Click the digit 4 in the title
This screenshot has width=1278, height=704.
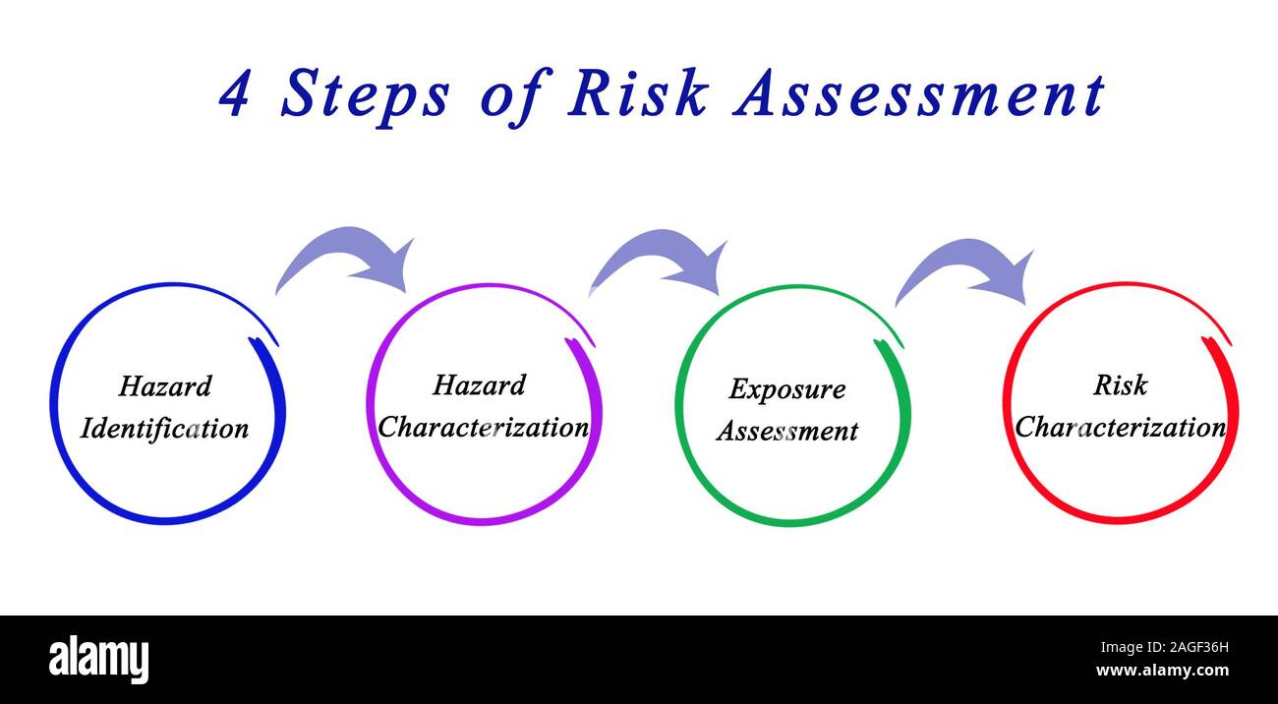coord(234,94)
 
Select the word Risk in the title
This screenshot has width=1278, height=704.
coord(638,92)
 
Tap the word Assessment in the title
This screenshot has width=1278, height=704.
coord(919,94)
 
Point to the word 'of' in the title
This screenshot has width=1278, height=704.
coord(516,98)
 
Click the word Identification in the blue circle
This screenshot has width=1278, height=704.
coord(164,429)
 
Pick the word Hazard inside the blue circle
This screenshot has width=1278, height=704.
coord(165,385)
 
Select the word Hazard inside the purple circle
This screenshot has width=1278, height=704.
coord(480,384)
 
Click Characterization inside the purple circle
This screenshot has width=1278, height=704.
coord(483,427)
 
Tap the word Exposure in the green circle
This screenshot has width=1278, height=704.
coord(787,389)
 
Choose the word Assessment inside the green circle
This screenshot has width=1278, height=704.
coord(787,431)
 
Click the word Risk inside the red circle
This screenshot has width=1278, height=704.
coord(1120,385)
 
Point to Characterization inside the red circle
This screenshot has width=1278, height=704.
coord(1120,427)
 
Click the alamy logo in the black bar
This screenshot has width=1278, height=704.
coord(98,659)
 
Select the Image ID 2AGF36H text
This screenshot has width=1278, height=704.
coord(1165,647)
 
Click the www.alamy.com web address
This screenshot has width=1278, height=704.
coord(1162,670)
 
